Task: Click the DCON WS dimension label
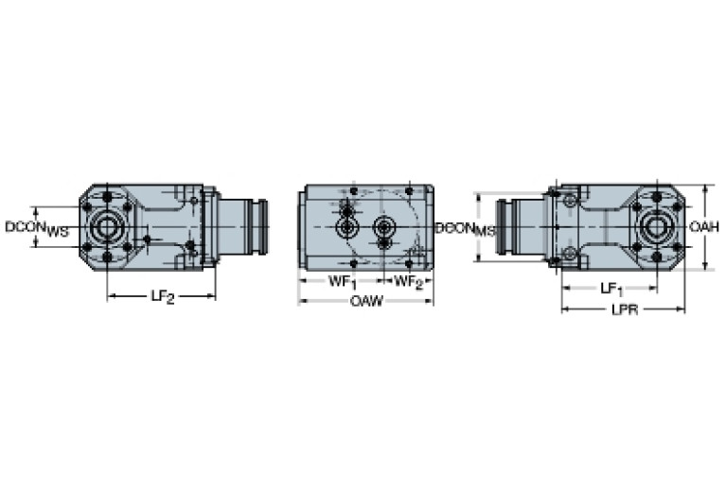(x=37, y=228)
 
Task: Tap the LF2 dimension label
(x=163, y=296)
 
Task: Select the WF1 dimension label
(x=341, y=281)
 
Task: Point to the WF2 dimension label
(x=408, y=281)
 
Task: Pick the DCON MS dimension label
(x=466, y=229)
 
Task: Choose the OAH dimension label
(x=704, y=227)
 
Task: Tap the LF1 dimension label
(x=611, y=288)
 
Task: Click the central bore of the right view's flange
(x=654, y=227)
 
